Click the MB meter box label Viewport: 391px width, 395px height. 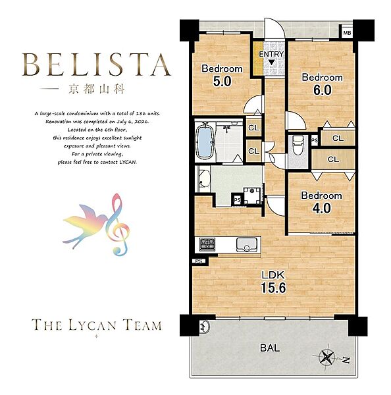[347, 33]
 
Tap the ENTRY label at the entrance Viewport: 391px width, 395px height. [271, 54]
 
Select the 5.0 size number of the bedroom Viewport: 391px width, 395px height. [222, 81]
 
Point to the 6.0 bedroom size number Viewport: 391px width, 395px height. [323, 90]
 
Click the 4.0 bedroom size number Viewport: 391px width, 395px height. [321, 208]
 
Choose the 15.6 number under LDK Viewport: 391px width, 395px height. [273, 288]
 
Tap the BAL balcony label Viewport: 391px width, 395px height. [270, 348]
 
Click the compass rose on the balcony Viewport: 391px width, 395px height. [326, 356]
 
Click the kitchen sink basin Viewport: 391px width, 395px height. [246, 245]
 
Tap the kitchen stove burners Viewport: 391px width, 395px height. [207, 244]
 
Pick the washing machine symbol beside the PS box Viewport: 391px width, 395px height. [252, 196]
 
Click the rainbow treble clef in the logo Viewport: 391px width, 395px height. [117, 224]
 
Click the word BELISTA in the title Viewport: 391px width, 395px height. [97, 65]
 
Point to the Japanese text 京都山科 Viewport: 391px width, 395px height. [97, 90]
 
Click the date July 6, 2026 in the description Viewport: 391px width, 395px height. [132, 122]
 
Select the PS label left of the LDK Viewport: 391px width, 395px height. [199, 261]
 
